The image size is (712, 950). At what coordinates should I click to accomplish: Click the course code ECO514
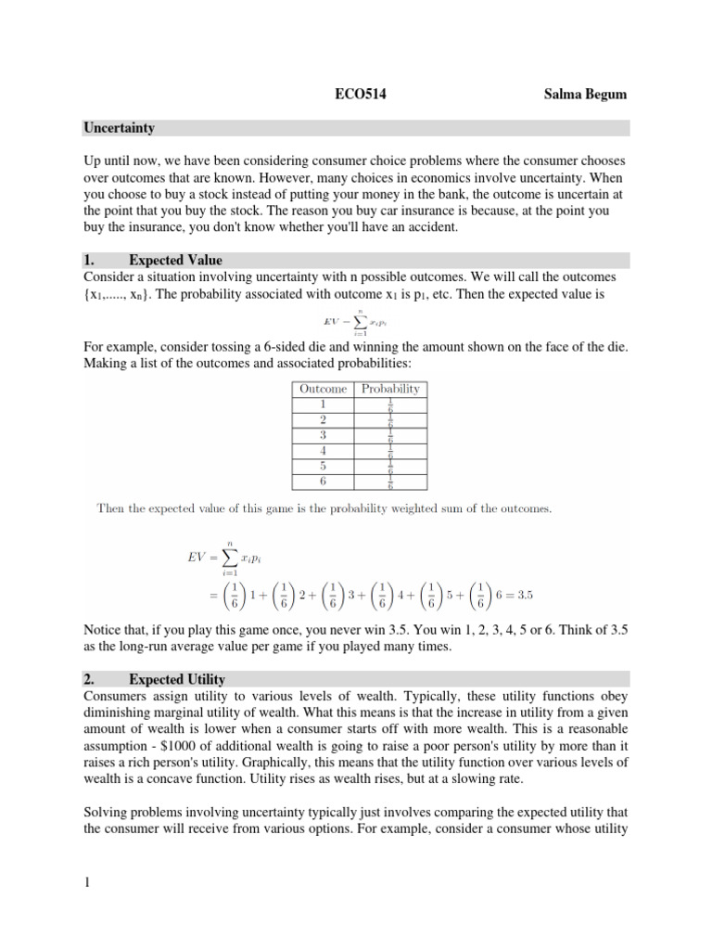pyautogui.click(x=357, y=94)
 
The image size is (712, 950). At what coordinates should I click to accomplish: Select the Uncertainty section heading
pyautogui.click(x=119, y=128)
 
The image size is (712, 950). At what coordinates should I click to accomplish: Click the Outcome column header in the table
pyautogui.click(x=324, y=389)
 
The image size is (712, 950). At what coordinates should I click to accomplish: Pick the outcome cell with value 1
pyautogui.click(x=324, y=404)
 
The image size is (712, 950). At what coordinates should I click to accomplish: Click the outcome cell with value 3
pyautogui.click(x=324, y=434)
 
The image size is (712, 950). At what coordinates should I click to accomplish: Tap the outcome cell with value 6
pyautogui.click(x=324, y=481)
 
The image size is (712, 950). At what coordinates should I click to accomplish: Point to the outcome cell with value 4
pyautogui.click(x=324, y=450)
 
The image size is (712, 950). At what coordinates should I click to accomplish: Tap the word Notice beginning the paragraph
pyautogui.click(x=105, y=630)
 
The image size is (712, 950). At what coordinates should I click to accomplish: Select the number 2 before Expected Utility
pyautogui.click(x=88, y=680)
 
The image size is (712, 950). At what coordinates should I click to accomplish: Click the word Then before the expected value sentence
pyautogui.click(x=114, y=507)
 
